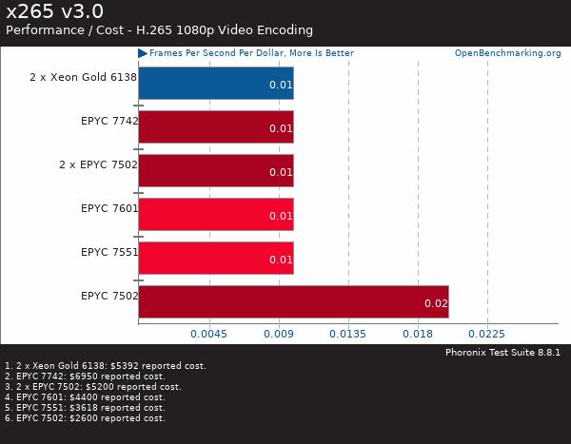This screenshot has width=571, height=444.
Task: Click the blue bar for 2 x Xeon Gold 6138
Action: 216,83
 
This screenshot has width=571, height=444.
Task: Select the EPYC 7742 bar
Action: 216,126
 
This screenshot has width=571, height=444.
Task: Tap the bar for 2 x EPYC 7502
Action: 216,170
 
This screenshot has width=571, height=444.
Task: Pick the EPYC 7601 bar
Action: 216,214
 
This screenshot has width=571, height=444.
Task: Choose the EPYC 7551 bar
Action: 216,258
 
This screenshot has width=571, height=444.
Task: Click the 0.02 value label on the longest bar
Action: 436,304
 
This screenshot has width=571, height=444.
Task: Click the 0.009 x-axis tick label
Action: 278,334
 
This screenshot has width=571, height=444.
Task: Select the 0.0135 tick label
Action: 347,334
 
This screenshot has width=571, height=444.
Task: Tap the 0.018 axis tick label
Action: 418,334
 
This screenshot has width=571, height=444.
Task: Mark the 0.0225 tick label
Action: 487,334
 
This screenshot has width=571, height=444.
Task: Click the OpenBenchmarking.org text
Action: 507,53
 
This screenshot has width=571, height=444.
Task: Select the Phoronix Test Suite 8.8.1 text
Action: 502,352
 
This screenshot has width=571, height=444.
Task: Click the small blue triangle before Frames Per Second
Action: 143,53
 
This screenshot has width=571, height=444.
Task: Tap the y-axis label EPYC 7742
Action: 109,121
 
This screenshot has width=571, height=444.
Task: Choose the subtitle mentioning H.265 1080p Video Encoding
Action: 159,30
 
